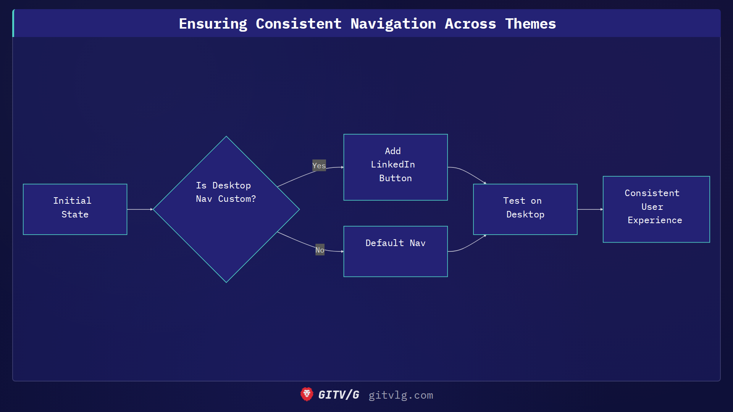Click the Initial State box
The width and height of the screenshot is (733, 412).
coord(75,209)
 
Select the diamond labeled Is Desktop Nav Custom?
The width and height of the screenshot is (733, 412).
coord(226,209)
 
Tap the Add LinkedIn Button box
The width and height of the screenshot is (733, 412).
coord(396,167)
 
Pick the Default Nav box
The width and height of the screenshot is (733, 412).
coord(396,251)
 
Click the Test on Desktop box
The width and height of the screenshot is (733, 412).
coord(525,209)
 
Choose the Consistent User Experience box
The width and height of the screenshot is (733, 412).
coord(656,209)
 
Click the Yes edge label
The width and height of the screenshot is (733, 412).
coord(319,166)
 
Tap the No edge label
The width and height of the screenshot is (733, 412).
coord(320,250)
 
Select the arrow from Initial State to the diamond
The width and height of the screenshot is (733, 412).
coord(140,209)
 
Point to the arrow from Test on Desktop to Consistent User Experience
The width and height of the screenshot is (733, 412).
coord(590,209)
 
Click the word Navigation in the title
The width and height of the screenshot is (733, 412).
coord(393,24)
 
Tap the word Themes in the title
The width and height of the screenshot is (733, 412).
coord(530,24)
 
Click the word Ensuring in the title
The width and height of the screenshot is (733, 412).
coord(213,24)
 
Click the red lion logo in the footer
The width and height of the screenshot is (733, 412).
coord(307,394)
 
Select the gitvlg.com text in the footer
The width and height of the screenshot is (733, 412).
coord(400,395)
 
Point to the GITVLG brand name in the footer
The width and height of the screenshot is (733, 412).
coord(339,395)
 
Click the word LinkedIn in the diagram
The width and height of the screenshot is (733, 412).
coord(392,164)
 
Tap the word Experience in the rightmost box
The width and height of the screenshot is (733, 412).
coord(654,220)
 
